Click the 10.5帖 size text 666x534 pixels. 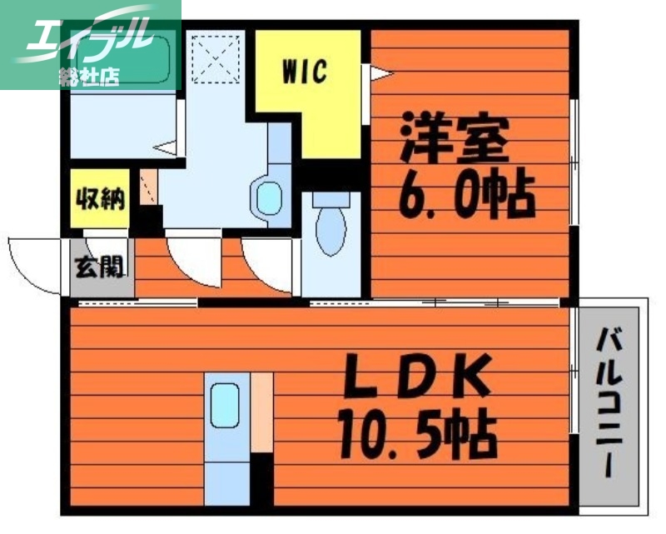click(x=415, y=432)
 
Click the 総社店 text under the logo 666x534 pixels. click(x=88, y=77)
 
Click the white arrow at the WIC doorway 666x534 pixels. click(x=380, y=76)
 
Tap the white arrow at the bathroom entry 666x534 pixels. click(x=167, y=149)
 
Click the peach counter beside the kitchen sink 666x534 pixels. click(x=261, y=413)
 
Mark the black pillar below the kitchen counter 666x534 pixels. click(x=261, y=478)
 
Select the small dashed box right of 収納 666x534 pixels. click(x=147, y=187)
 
